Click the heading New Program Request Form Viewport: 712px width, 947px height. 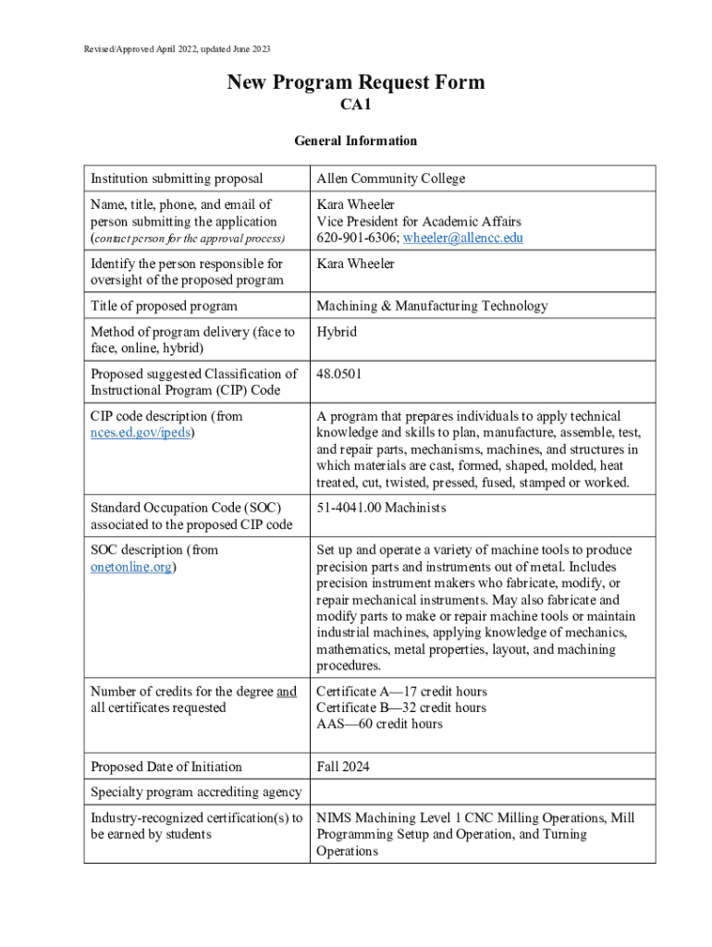(356, 83)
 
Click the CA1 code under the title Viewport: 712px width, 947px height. (356, 107)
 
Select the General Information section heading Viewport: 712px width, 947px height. (356, 141)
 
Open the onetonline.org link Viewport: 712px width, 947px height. (131, 567)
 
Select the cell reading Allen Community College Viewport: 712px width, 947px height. (390, 178)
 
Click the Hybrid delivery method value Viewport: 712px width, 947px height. (337, 332)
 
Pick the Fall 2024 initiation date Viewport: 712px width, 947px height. (343, 767)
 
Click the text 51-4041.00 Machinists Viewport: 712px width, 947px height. (381, 508)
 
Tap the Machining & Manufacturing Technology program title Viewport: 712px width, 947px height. (432, 306)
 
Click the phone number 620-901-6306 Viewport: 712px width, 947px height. (356, 238)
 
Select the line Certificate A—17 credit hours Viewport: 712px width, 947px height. (401, 692)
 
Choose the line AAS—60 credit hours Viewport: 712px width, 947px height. (379, 724)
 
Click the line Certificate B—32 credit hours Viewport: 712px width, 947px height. (401, 708)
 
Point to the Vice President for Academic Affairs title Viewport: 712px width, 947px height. (419, 221)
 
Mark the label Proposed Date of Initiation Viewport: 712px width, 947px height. (166, 767)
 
